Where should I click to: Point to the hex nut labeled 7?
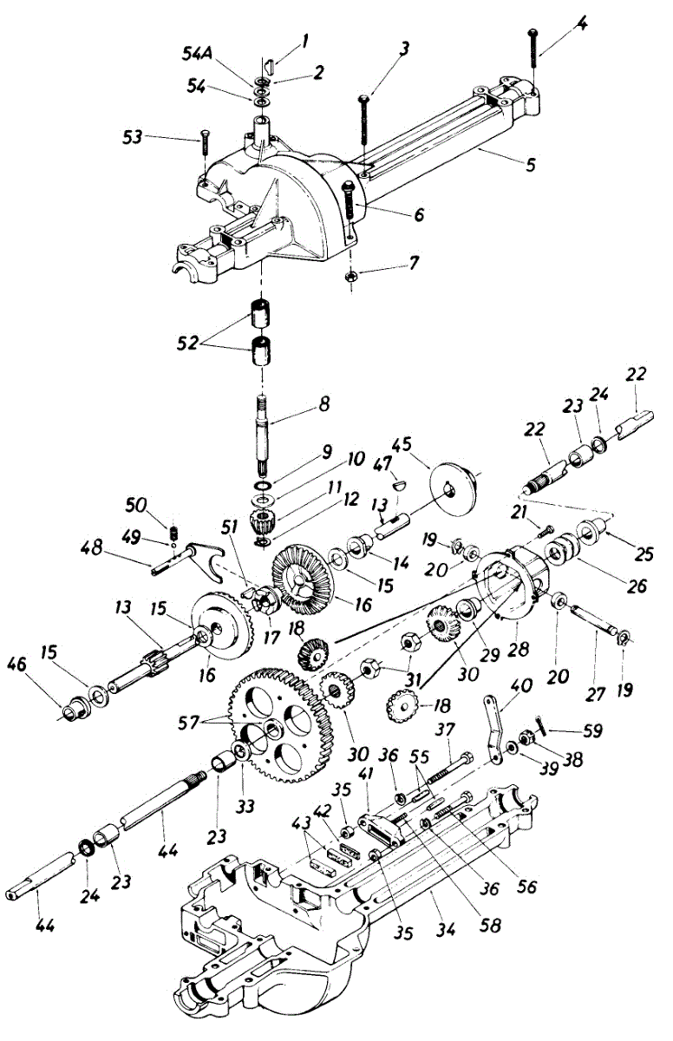(x=351, y=277)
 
